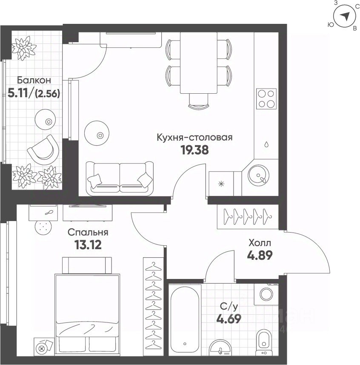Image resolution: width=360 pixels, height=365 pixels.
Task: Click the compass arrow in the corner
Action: [x=345, y=16]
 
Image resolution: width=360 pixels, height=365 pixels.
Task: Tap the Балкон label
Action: [x=34, y=80]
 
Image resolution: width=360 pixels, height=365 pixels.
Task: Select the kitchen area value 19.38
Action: [x=194, y=150]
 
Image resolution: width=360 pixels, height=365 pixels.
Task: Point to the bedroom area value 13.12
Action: [x=88, y=244]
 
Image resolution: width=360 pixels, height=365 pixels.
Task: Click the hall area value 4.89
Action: [x=260, y=256]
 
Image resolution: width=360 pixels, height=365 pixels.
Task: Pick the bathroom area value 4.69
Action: [x=229, y=319]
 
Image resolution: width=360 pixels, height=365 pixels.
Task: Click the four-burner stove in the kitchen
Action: [x=266, y=99]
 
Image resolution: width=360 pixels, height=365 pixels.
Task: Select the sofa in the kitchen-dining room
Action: [x=120, y=178]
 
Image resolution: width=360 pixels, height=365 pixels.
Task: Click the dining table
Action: [x=199, y=63]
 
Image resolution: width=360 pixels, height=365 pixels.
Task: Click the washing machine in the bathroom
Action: [x=266, y=294]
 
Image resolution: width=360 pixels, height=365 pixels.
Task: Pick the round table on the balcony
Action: [x=46, y=120]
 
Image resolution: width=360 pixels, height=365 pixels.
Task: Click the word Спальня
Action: [x=88, y=232]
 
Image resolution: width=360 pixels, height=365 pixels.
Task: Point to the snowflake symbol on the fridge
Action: [x=221, y=184]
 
